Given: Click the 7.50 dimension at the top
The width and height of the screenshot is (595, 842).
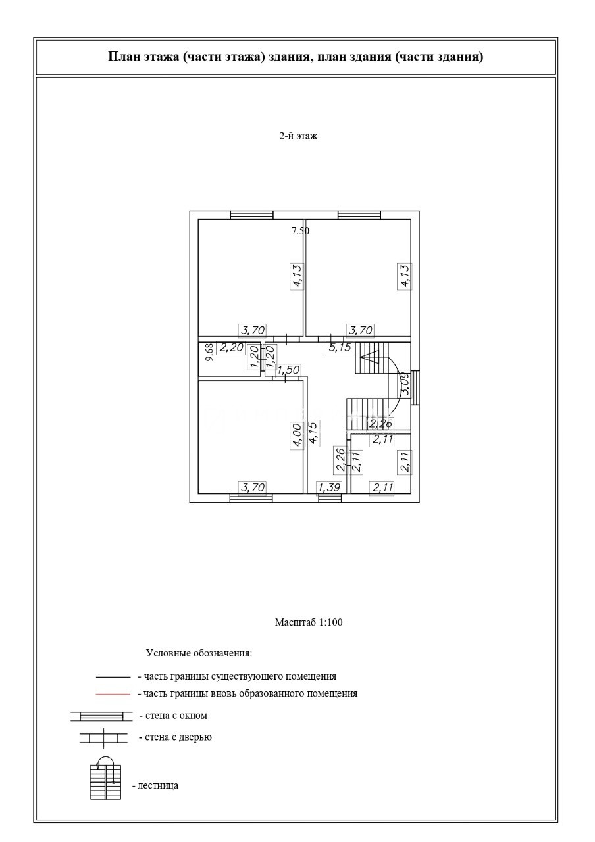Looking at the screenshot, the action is [x=301, y=230].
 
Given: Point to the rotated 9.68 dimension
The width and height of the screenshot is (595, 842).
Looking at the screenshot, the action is [x=209, y=353].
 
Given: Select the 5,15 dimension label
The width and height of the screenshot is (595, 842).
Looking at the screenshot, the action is [x=340, y=348].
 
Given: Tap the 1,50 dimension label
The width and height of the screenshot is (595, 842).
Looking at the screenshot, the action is [x=287, y=371].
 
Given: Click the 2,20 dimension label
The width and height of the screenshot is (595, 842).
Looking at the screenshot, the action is [x=232, y=348].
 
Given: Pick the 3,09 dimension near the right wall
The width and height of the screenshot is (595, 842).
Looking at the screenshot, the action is [x=405, y=384].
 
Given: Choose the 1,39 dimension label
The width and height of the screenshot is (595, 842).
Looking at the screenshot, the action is [x=329, y=487].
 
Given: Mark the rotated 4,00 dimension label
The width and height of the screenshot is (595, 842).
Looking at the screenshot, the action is [x=296, y=435].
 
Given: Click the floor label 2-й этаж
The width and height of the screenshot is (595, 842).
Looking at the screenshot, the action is [x=297, y=137].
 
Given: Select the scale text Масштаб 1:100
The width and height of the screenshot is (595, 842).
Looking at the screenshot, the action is [x=309, y=622].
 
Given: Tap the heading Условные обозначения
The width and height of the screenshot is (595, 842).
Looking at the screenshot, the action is [x=199, y=654].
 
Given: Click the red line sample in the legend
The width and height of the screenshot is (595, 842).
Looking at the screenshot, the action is [x=113, y=693].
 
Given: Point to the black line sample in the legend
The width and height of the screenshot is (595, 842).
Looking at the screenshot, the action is [x=113, y=676].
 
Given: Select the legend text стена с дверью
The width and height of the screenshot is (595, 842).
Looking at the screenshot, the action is [x=175, y=737].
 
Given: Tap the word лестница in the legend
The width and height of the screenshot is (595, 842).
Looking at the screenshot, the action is [x=158, y=785].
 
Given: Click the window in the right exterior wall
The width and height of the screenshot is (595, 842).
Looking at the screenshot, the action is [x=415, y=384].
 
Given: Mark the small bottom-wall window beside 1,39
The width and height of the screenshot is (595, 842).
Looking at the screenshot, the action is [x=330, y=498].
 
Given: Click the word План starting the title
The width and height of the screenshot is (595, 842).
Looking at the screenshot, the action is [x=122, y=57].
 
